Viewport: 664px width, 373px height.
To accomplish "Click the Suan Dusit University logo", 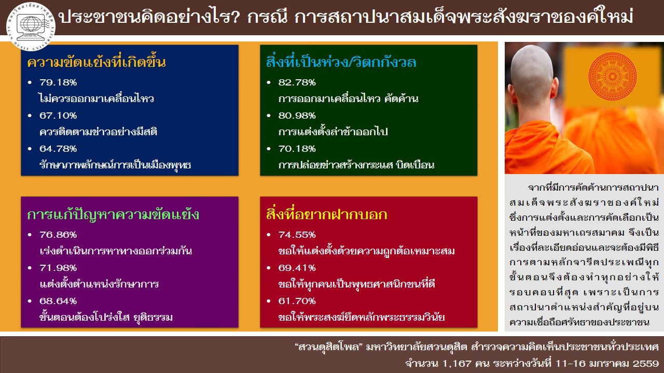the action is click(x=31, y=26).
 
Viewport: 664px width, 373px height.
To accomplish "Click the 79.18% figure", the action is click(x=58, y=82).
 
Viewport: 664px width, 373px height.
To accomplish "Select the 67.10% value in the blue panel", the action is click(x=58, y=116).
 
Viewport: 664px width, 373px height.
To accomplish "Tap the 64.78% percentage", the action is click(x=58, y=149).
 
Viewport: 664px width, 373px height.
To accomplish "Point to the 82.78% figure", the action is click(x=297, y=82).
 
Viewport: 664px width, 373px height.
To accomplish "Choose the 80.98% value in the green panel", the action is click(x=297, y=116).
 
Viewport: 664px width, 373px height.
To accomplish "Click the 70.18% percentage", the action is click(x=297, y=149).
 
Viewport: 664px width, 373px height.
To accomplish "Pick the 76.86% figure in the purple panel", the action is click(x=58, y=235).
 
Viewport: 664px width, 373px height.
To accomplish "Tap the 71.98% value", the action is click(x=58, y=268).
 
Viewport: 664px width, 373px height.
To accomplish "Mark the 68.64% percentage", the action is click(x=58, y=301).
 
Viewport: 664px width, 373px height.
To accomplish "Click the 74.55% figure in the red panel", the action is click(x=297, y=235).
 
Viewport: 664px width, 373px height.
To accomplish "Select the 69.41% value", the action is click(x=297, y=268).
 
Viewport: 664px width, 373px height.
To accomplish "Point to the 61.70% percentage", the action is click(x=297, y=301).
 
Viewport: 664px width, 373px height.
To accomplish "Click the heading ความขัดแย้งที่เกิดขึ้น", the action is click(x=96, y=62).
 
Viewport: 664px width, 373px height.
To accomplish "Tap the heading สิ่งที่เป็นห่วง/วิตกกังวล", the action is click(x=341, y=62).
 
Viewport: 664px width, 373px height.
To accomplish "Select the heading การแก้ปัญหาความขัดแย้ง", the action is click(x=113, y=214).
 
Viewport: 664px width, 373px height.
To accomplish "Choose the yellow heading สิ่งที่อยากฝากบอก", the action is click(x=326, y=214).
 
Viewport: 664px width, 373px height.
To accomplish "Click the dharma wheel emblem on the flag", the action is click(x=613, y=76).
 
